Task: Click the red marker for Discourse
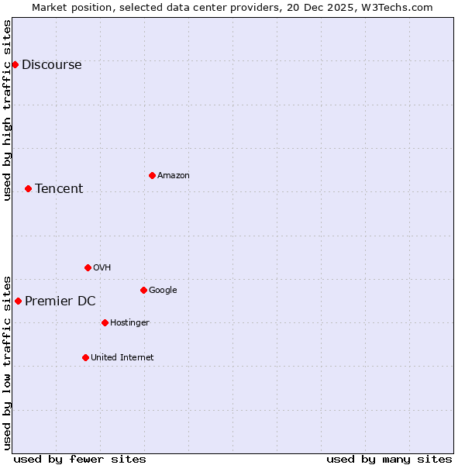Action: click(x=15, y=64)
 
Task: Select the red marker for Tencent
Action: click(x=28, y=188)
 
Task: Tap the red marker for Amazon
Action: click(x=152, y=175)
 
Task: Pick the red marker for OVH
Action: click(x=88, y=267)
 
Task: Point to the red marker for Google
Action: click(x=143, y=290)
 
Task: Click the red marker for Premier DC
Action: click(x=18, y=301)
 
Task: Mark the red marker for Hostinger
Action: click(x=105, y=322)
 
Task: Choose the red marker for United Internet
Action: click(x=85, y=357)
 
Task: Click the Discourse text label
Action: click(x=51, y=65)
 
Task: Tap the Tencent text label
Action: click(x=59, y=189)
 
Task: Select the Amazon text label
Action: click(x=174, y=176)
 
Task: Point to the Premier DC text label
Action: click(x=60, y=301)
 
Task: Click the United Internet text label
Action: click(x=122, y=358)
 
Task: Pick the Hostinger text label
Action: click(x=129, y=323)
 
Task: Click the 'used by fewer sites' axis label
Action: click(x=80, y=459)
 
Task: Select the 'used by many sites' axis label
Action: click(x=389, y=459)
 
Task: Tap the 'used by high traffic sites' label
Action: click(x=8, y=110)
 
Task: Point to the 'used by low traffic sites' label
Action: click(x=8, y=362)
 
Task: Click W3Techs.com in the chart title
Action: click(x=396, y=7)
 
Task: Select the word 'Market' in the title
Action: click(x=50, y=7)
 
